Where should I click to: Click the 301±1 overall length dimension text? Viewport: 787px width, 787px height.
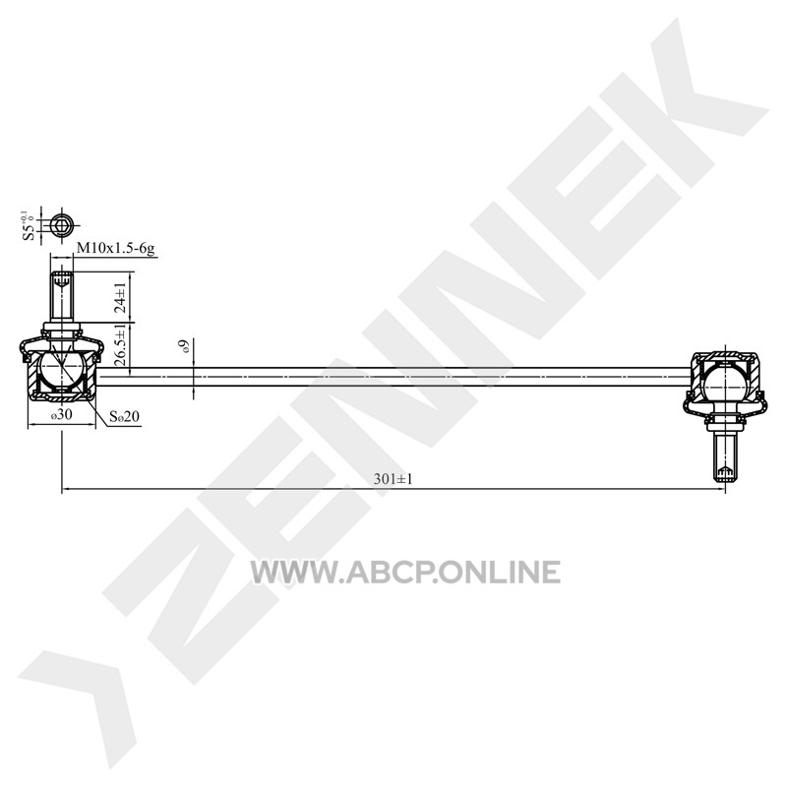point(393,479)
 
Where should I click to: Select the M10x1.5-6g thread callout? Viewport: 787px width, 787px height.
point(115,248)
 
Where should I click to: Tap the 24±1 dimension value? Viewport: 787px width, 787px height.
point(120,298)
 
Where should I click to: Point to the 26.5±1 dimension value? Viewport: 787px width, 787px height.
point(120,347)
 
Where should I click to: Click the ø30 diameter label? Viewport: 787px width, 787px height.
point(61,414)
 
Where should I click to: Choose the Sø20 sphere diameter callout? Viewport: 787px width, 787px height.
point(125,416)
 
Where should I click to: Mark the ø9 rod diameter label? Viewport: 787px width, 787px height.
point(185,347)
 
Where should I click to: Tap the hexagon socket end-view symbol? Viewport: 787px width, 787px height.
point(62,226)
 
